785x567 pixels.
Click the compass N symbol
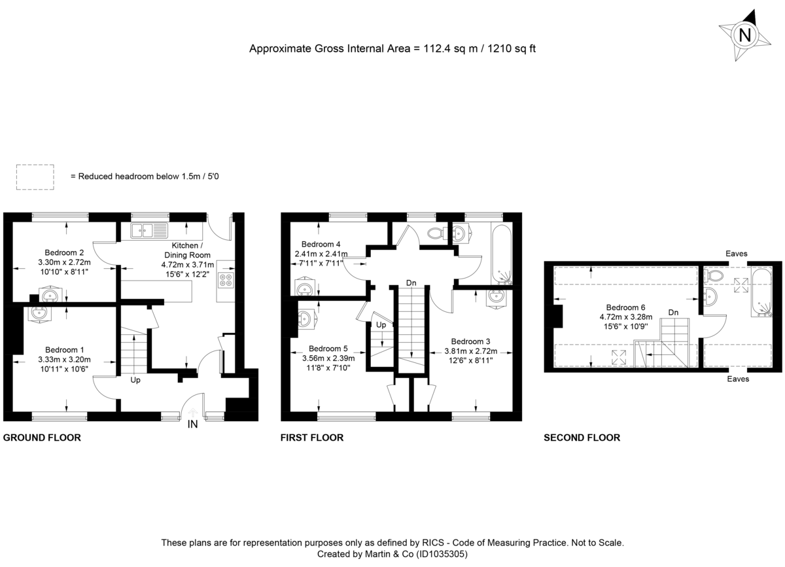click(x=744, y=35)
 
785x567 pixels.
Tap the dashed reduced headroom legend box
click(x=35, y=177)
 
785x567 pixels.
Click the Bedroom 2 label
click(x=64, y=252)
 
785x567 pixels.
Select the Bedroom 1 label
click(x=64, y=349)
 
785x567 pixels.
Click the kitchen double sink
click(x=149, y=230)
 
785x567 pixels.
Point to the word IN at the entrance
click(x=192, y=425)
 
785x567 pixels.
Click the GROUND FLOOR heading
click(x=43, y=438)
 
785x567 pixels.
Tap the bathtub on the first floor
click(x=501, y=254)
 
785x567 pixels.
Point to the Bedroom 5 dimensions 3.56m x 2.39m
click(x=328, y=358)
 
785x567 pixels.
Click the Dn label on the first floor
click(x=411, y=283)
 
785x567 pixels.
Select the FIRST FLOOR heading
click(x=312, y=438)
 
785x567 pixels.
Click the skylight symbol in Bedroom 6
click(x=618, y=357)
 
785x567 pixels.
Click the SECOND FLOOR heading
click(x=582, y=438)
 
